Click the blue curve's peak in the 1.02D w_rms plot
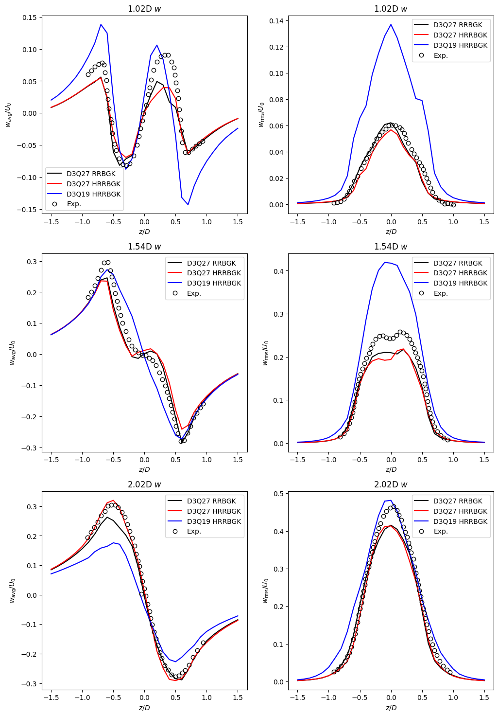[391, 24]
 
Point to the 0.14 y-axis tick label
[276, 21]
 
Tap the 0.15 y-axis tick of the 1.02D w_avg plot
[30, 18]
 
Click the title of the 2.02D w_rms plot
[391, 484]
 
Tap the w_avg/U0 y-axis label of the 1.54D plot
[13, 353]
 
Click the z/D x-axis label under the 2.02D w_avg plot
[144, 708]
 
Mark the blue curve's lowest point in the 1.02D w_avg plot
[188, 205]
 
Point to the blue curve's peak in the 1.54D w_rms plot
[385, 262]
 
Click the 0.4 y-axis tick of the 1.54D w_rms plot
[280, 271]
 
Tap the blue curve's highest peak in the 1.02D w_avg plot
[101, 24]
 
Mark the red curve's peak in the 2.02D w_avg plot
[113, 500]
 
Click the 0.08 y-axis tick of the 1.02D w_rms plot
[276, 100]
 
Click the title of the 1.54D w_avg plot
[144, 247]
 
